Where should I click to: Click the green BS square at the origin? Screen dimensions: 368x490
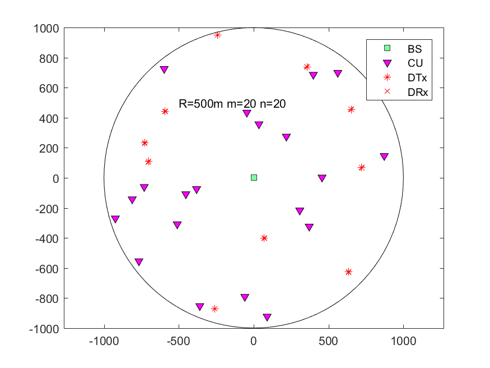coord(254,178)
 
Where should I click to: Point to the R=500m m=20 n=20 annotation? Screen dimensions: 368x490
coord(233,104)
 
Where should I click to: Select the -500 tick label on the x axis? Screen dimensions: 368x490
coord(179,341)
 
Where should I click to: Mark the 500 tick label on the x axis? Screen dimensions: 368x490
coord(328,341)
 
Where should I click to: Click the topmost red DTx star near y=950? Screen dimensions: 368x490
coord(218,35)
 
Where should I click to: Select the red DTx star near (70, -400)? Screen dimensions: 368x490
coord(264,238)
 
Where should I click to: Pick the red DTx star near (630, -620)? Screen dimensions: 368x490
coord(348,272)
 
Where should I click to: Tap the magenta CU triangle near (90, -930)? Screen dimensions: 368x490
coord(267,318)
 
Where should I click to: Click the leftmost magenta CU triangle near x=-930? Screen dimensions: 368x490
coord(115,219)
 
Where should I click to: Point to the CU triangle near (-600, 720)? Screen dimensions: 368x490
coord(164,70)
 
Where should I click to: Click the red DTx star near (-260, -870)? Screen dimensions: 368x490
coord(214,309)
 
